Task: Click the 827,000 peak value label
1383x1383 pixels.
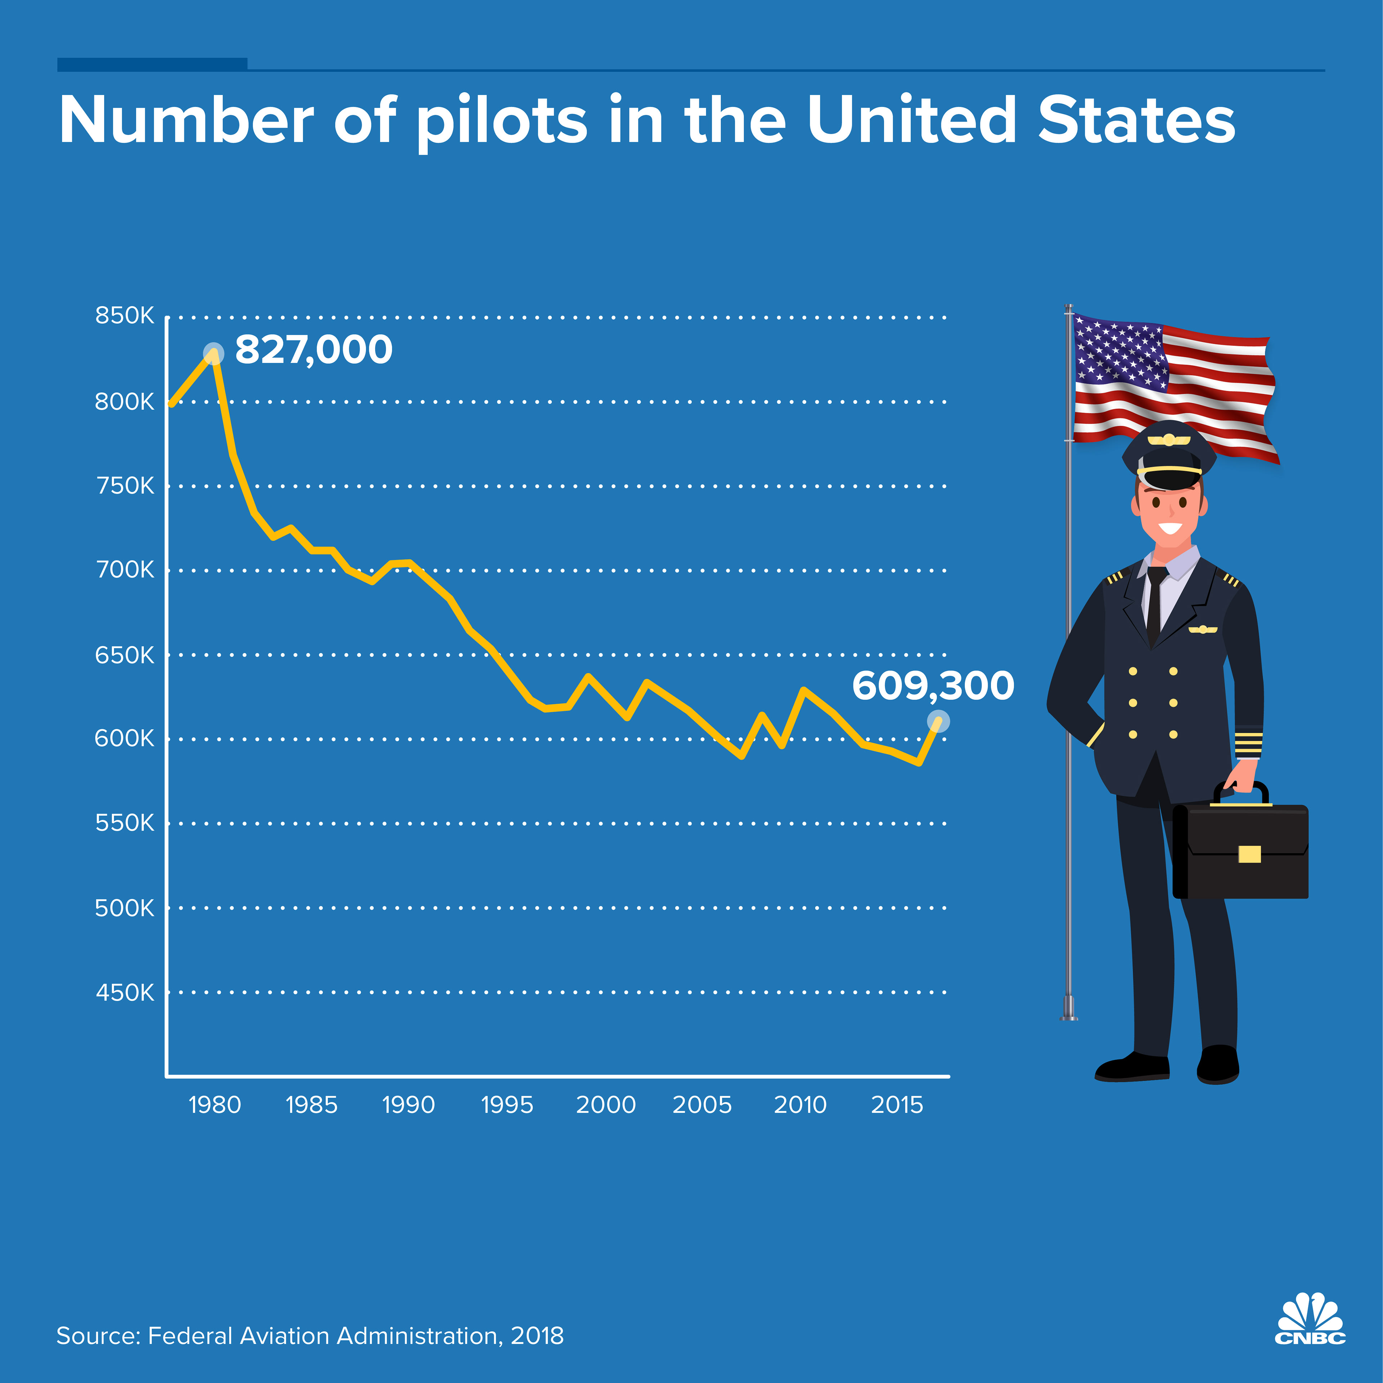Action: (x=314, y=350)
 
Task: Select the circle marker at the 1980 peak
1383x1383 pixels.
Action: (x=213, y=353)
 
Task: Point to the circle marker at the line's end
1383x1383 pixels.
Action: (x=938, y=721)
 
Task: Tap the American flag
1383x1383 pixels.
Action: (x=1174, y=387)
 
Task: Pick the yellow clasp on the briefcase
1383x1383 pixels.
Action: (x=1249, y=854)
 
